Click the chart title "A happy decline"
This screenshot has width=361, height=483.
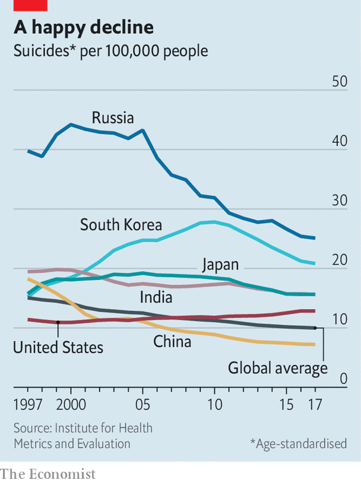[84, 27]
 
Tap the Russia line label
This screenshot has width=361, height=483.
[113, 117]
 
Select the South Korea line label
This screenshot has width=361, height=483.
[121, 225]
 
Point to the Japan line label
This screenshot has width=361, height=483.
[220, 265]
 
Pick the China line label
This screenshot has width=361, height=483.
[172, 342]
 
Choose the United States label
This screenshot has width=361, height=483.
[58, 347]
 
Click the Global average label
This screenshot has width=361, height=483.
[278, 368]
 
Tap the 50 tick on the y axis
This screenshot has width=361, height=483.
[340, 81]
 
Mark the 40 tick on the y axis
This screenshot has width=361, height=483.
[340, 141]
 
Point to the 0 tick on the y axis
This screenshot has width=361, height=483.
[343, 379]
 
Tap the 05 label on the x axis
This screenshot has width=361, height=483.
[142, 406]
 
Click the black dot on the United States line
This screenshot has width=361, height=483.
[58, 322]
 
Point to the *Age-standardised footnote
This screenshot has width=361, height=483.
[298, 444]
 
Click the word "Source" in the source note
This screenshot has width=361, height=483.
[33, 428]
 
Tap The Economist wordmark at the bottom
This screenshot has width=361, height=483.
[48, 474]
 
